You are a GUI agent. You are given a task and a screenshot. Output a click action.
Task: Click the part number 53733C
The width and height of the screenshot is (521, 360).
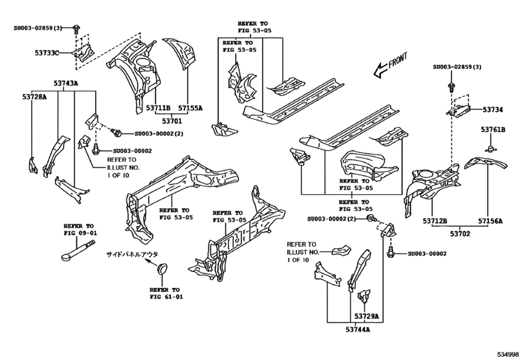click(x=47, y=53)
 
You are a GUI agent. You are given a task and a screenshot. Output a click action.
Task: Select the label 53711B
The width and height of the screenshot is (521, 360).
click(x=158, y=108)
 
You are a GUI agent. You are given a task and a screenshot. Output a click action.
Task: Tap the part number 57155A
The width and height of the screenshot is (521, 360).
click(x=190, y=108)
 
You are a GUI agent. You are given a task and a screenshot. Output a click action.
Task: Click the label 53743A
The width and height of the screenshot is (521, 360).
click(x=66, y=83)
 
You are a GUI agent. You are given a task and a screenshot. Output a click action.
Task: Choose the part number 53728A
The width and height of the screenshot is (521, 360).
click(x=35, y=96)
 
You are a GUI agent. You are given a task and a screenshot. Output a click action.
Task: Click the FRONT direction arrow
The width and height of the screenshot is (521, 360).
click(x=390, y=65)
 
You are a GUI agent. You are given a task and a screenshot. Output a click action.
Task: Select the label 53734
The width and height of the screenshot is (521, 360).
click(x=493, y=109)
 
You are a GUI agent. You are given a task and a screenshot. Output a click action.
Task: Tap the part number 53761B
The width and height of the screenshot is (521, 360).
click(x=493, y=130)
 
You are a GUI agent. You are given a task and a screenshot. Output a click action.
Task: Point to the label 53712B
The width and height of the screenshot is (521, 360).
click(x=435, y=221)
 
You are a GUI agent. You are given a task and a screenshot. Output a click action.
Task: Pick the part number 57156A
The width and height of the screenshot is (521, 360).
click(x=490, y=221)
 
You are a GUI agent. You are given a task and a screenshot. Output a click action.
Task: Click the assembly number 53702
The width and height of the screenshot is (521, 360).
click(x=461, y=234)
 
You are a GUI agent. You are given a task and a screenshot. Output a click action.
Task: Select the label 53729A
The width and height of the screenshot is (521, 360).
click(x=366, y=316)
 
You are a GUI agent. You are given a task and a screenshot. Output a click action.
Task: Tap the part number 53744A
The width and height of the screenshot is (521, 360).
click(x=358, y=329)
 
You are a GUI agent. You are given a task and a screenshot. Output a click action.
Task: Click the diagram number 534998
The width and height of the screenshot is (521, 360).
click(x=508, y=354)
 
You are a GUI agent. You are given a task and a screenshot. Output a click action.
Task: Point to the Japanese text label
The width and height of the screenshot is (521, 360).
click(x=132, y=255)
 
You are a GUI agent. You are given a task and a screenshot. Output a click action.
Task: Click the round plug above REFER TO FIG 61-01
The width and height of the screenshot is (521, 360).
click(x=162, y=269)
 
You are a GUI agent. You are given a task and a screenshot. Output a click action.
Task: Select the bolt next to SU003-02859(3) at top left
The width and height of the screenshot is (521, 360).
click(x=76, y=28)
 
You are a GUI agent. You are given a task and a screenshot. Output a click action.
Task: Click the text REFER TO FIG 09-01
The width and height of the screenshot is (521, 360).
click(x=80, y=230)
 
